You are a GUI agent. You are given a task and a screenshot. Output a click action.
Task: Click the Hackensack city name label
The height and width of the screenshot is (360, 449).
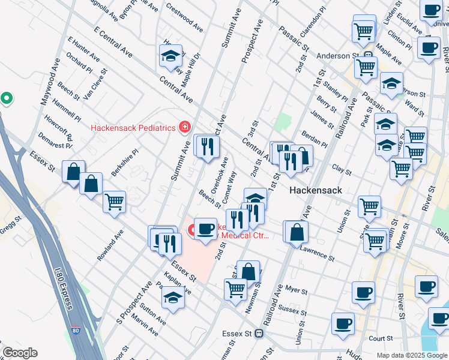pyautogui.click(x=316, y=190)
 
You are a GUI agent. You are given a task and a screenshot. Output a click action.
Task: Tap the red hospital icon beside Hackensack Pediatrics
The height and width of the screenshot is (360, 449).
pyautogui.click(x=184, y=127)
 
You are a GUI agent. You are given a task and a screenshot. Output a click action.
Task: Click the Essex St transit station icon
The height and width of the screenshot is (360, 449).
pyautogui.click(x=259, y=333)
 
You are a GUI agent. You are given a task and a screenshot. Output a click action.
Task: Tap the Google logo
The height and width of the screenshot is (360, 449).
pyautogui.click(x=19, y=353)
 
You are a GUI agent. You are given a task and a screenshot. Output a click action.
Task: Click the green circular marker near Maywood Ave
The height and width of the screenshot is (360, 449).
pyautogui.click(x=7, y=97)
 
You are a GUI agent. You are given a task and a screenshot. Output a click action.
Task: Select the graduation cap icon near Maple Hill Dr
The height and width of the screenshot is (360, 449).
pyautogui.click(x=170, y=56)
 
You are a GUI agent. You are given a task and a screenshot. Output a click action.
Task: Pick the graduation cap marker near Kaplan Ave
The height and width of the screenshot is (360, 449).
pyautogui.click(x=173, y=297)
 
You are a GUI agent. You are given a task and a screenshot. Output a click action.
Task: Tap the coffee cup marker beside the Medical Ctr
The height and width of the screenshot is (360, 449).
pyautogui.click(x=205, y=229)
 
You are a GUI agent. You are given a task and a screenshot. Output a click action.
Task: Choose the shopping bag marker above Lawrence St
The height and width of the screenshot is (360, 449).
pyautogui.click(x=297, y=232)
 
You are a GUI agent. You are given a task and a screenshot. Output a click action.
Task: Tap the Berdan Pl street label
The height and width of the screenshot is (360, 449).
pyautogui.click(x=315, y=139)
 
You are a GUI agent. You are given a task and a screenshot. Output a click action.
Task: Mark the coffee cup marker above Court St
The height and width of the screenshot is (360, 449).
pyautogui.click(x=343, y=323)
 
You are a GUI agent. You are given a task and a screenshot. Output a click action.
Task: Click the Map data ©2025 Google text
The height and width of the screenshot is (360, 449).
pyautogui.click(x=411, y=355)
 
